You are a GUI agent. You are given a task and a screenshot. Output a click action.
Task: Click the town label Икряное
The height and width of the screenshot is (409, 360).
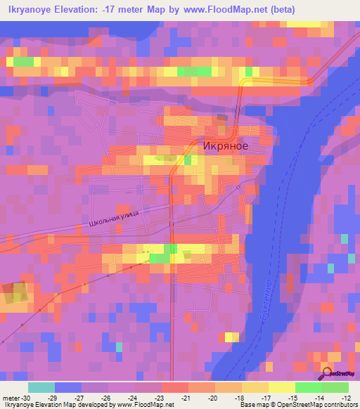[x=225, y=147]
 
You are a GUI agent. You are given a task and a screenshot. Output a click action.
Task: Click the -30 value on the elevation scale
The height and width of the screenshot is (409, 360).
[x=30, y=397]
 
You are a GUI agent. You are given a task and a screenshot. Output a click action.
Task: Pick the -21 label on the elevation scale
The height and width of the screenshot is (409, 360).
[x=186, y=397]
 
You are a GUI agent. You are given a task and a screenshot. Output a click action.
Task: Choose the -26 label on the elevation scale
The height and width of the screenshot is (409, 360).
[x=108, y=397]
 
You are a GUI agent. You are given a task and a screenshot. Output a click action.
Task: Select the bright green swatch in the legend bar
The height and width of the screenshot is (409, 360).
[x=309, y=387]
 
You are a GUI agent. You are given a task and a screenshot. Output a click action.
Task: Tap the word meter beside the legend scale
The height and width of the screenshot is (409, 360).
[x=11, y=397]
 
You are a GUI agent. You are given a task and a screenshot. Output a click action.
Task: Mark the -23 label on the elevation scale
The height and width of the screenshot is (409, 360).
[x=160, y=397]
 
